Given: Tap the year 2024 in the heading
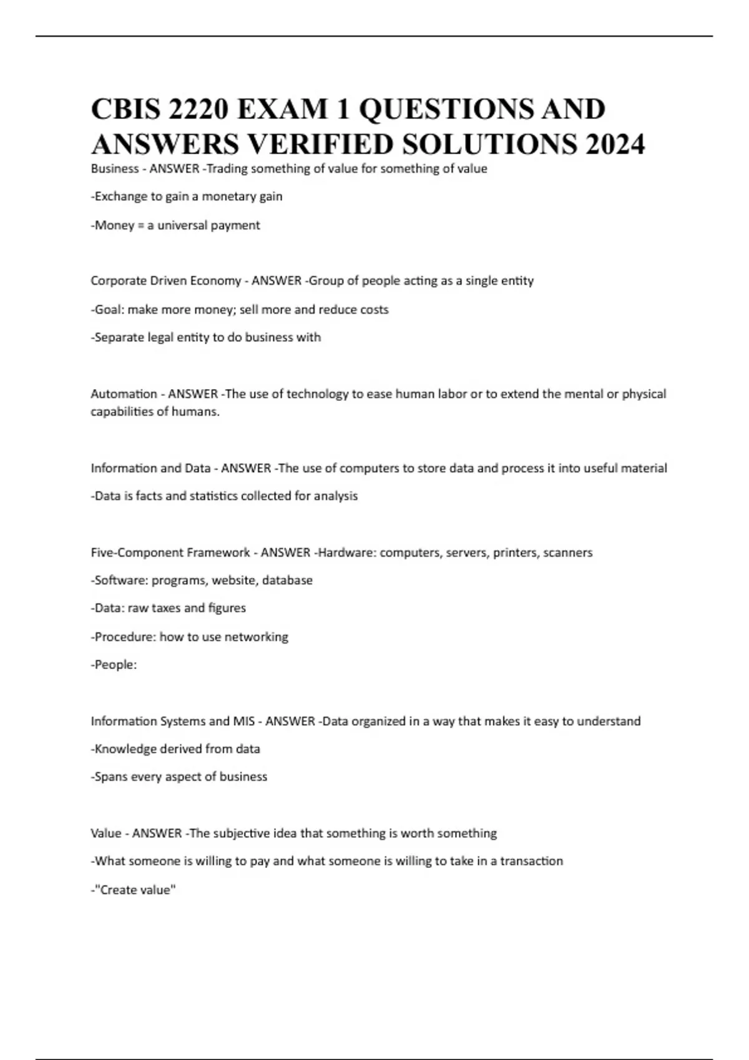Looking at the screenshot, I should click(x=615, y=145).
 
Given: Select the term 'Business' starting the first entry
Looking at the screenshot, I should click(x=115, y=169).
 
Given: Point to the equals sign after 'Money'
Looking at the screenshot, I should click(x=141, y=226).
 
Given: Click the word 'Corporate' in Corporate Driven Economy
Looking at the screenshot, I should click(x=117, y=281).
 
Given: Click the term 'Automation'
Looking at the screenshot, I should click(x=124, y=394).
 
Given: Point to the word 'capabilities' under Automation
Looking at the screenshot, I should click(x=122, y=412).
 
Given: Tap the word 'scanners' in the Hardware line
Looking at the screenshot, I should click(x=567, y=552).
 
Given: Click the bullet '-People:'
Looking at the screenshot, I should click(x=114, y=665).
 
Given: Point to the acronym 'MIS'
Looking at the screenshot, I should click(x=243, y=721).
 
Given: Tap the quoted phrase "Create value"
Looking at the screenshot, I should click(x=135, y=890).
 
